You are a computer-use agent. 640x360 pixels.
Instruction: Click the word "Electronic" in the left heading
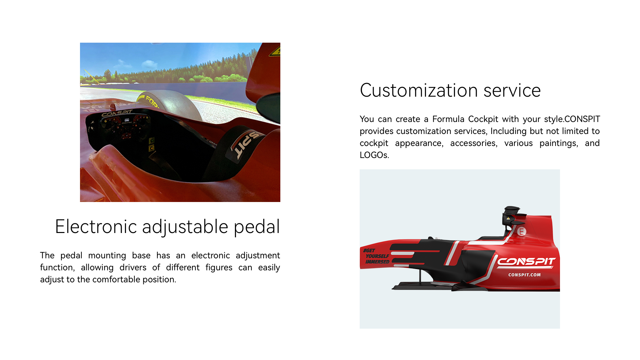coord(96,227)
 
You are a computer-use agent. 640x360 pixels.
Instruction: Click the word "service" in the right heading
coord(512,91)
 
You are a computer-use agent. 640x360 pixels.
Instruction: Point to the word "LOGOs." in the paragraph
coord(374,155)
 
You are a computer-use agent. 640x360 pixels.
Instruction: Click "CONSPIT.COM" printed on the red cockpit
coord(524,275)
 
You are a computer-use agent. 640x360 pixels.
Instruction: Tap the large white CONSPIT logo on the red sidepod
coord(526,262)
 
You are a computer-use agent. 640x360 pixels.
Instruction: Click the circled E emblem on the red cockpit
coord(522,231)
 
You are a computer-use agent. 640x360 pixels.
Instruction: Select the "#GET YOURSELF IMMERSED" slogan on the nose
coord(377,256)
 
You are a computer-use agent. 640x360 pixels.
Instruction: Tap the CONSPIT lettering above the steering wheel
coord(117,113)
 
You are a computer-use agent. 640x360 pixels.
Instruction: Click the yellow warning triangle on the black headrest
coord(508,219)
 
